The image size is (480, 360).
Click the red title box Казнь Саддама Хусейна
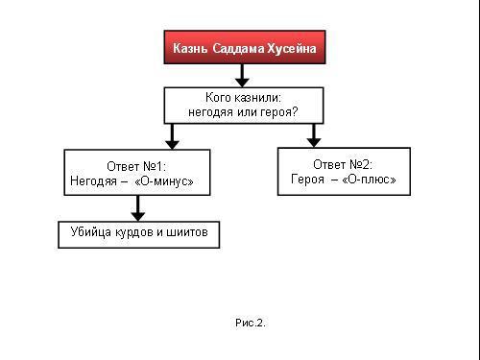[243, 47]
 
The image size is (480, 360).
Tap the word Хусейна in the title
[291, 47]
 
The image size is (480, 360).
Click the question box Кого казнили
[242, 105]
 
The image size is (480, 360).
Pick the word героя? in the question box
[278, 112]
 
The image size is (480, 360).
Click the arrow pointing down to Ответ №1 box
[171, 135]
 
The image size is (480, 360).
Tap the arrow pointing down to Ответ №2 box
[313, 134]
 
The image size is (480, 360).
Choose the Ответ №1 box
[136, 173]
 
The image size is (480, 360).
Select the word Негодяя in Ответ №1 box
[92, 180]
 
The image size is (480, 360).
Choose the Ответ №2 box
[344, 171]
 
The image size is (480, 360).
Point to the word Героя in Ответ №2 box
[307, 179]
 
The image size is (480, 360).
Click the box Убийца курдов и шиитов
[138, 233]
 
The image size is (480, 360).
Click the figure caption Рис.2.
[249, 323]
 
